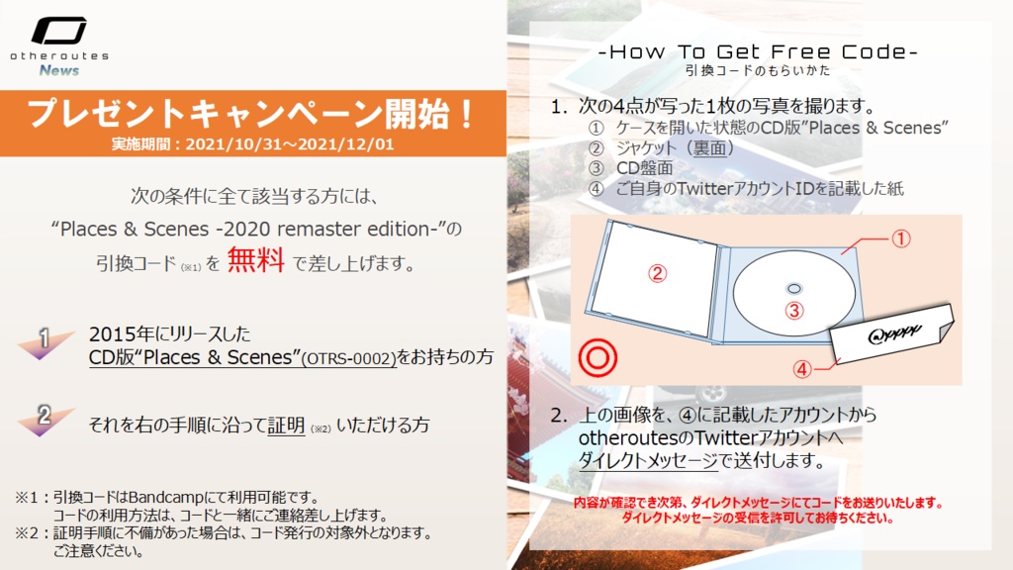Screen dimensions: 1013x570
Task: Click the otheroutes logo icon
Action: tap(58, 31)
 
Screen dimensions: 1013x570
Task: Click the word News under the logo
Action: tap(58, 70)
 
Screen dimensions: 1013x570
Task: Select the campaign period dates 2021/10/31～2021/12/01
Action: tap(290, 143)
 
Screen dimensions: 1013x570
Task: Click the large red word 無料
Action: tap(256, 260)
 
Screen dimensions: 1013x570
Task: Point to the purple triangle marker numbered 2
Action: tap(44, 420)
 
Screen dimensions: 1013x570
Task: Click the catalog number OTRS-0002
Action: tap(349, 358)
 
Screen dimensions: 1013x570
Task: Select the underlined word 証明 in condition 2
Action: tap(286, 426)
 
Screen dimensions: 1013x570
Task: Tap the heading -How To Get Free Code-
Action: tap(759, 51)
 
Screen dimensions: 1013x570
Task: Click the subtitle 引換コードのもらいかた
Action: tap(758, 70)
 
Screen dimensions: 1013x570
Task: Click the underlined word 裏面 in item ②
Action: tap(709, 148)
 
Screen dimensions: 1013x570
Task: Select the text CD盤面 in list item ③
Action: tap(644, 168)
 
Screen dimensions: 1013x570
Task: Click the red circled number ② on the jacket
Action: tap(657, 274)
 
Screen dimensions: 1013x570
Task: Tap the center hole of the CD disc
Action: tap(794, 289)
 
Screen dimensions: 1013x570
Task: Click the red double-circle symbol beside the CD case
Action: tap(598, 358)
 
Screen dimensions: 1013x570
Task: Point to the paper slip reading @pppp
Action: tap(891, 333)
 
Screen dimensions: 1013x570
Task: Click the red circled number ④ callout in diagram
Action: tap(801, 369)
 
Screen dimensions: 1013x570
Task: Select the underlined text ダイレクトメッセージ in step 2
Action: tap(648, 461)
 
